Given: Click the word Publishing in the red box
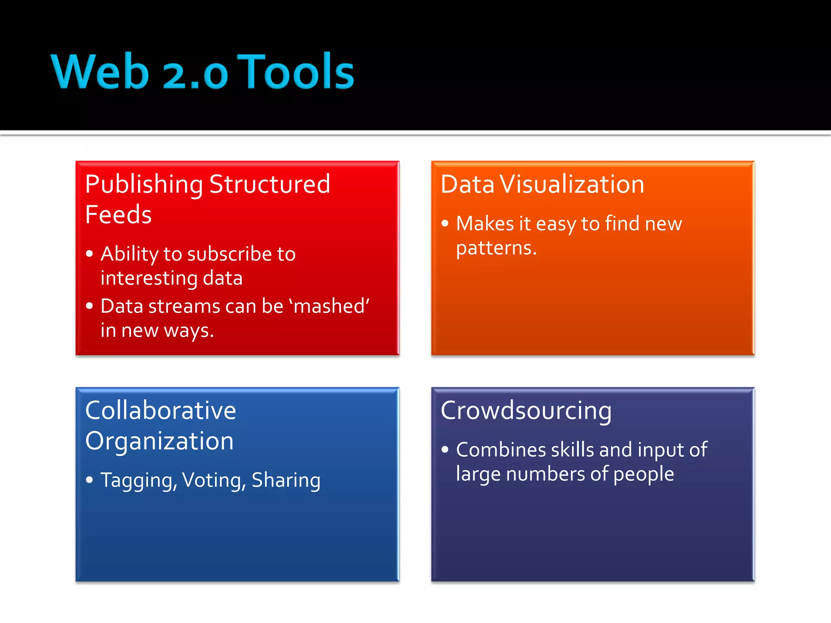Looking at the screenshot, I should [144, 185].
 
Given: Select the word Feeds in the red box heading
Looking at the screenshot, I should [118, 215].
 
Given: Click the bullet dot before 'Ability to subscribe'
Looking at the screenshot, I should [90, 254].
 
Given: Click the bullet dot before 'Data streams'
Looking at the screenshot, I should [90, 306].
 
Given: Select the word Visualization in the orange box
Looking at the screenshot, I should [572, 185].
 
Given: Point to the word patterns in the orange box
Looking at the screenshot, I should [496, 248].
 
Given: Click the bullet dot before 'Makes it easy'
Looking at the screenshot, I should [445, 223].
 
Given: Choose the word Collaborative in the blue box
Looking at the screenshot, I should [161, 410].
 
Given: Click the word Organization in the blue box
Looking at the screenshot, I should [159, 441].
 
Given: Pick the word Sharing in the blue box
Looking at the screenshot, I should [286, 480].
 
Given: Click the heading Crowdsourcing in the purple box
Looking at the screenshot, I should [526, 410].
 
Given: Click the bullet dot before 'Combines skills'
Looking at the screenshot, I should [445, 449].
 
